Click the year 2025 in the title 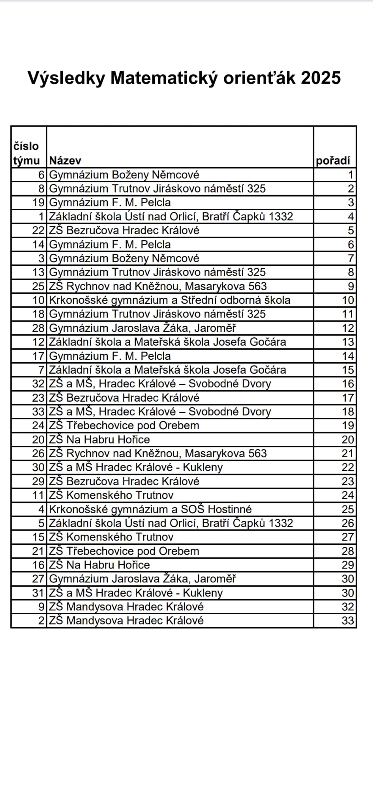[321, 78]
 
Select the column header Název [65, 161]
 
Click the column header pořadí [333, 161]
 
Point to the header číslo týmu [26, 153]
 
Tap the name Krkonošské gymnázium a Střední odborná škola [169, 300]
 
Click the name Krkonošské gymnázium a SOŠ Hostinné [150, 509]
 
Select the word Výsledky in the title [66, 78]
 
